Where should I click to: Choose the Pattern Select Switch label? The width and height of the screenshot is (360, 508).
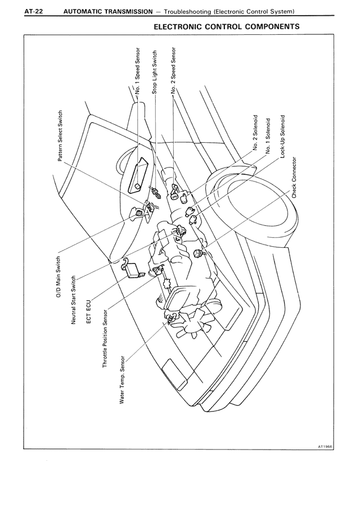pyautogui.click(x=60, y=134)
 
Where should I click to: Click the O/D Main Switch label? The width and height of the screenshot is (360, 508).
pyautogui.click(x=58, y=278)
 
